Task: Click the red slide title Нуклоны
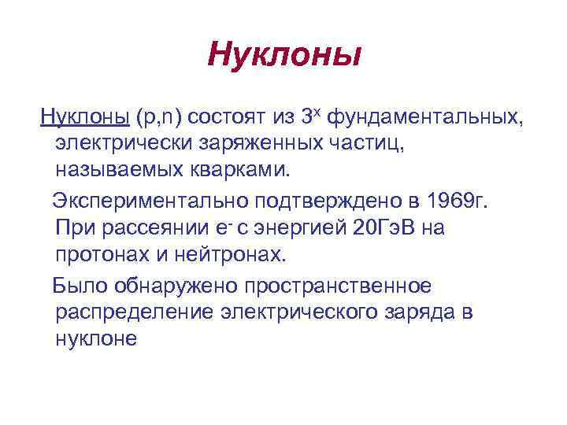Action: (284, 55)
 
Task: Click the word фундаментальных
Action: (424, 117)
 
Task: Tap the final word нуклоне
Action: (96, 339)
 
